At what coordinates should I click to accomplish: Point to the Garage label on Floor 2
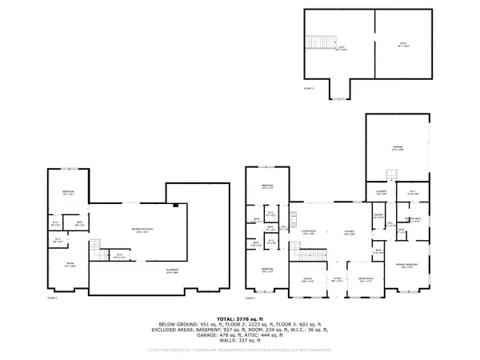click(398, 147)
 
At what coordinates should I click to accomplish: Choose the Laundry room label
click(382, 193)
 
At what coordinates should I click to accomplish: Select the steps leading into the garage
click(390, 177)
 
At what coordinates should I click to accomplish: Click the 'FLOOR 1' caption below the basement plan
click(52, 298)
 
